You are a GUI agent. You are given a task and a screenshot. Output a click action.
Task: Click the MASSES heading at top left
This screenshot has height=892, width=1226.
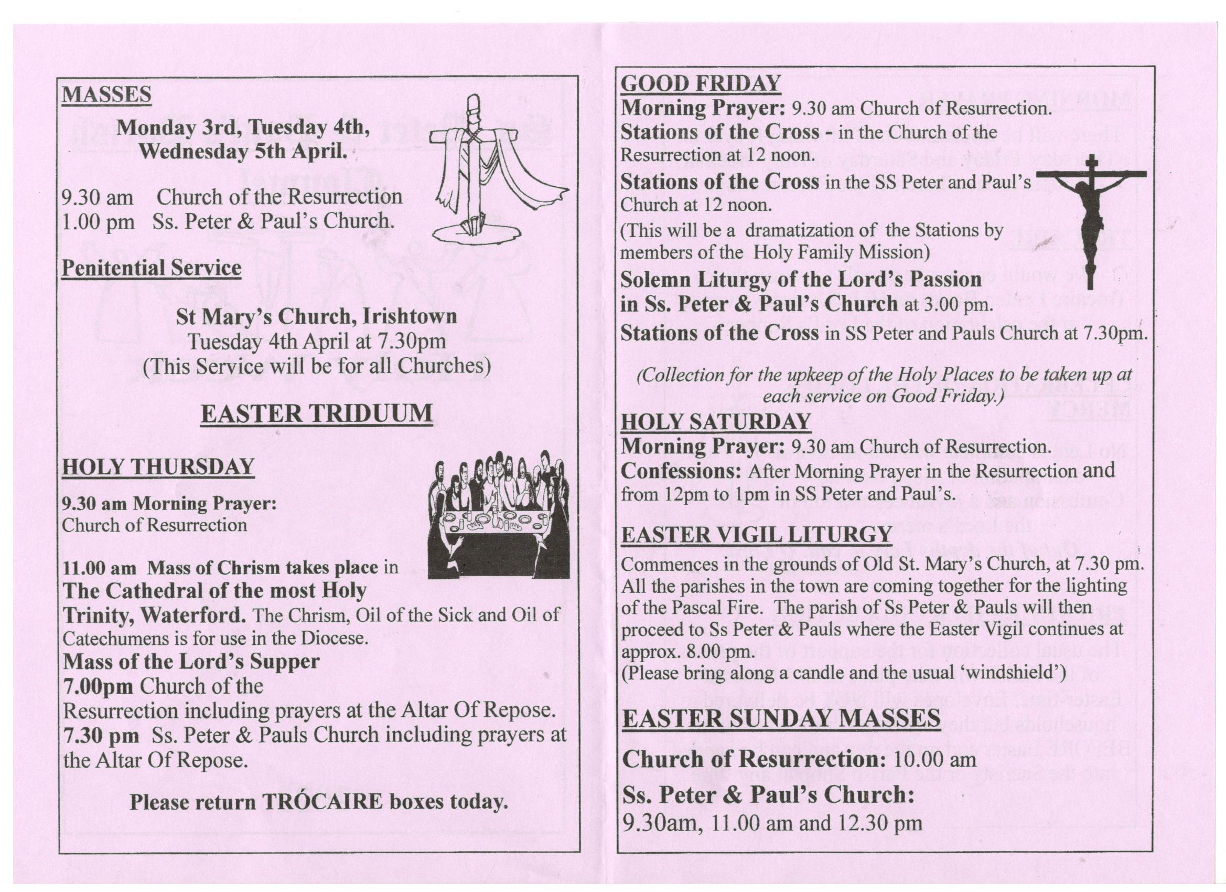click(106, 94)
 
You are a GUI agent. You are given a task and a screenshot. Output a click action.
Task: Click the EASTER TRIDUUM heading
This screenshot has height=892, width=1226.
click(316, 414)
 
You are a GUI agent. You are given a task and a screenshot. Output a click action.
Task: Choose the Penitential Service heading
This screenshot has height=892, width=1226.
click(152, 268)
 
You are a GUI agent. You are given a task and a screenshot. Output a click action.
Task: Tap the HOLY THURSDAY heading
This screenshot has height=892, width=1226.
click(158, 466)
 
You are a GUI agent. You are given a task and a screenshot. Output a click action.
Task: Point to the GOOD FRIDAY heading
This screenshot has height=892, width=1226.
click(701, 84)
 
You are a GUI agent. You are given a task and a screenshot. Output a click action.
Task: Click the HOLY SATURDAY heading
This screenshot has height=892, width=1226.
click(716, 422)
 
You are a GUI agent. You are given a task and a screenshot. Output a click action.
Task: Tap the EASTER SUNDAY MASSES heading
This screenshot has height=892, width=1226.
click(781, 719)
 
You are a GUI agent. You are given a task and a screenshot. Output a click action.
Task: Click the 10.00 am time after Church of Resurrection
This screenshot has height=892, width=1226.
click(934, 759)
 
